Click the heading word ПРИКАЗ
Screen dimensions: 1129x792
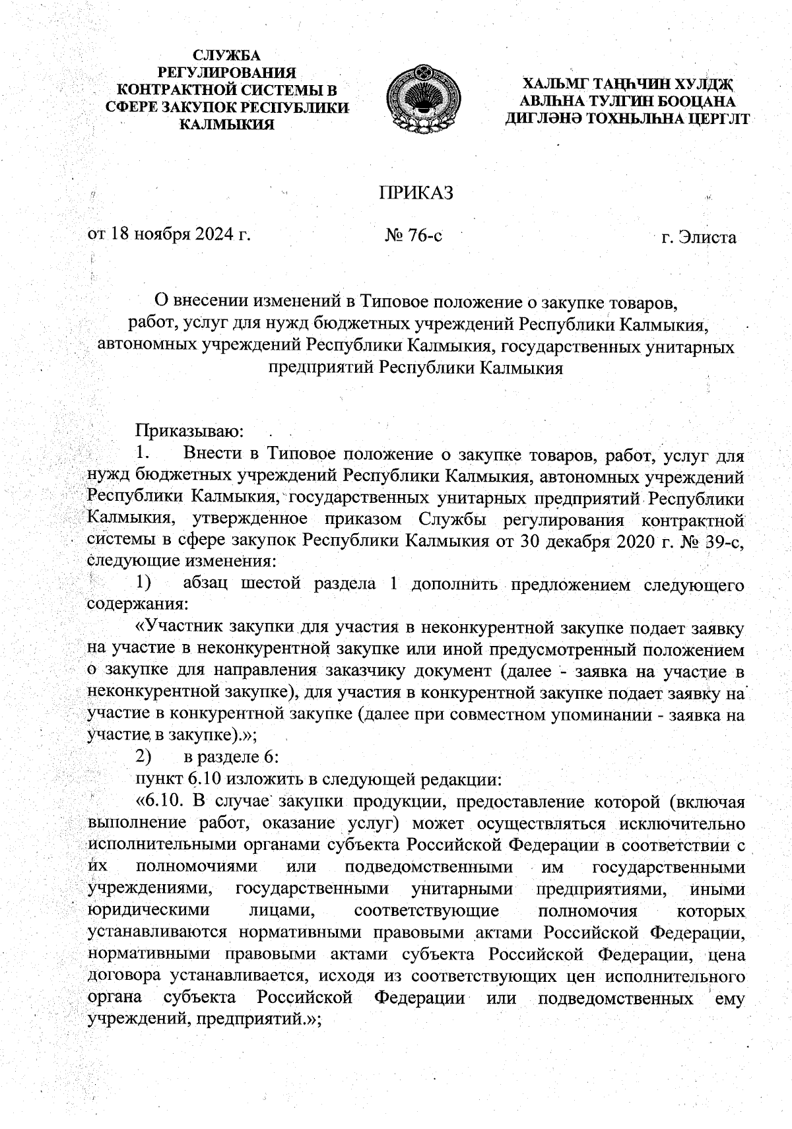coord(416,193)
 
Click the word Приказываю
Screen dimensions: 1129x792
coord(190,432)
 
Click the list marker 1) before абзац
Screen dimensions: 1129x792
coord(144,583)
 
